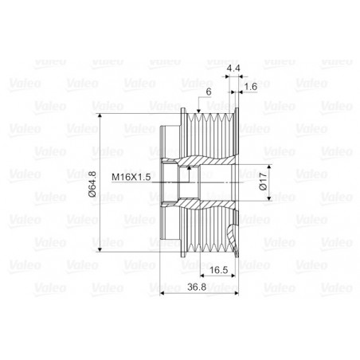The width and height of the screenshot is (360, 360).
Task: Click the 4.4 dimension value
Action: pos(233,68)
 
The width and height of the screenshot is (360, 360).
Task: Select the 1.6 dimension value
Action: pos(250,87)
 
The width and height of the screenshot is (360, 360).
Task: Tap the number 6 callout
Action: pos(209,92)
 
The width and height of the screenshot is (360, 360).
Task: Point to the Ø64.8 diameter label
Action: pos(92,184)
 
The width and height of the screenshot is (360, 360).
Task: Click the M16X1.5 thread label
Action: pos(131,177)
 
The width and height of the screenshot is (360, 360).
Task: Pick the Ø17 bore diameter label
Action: pos(263,182)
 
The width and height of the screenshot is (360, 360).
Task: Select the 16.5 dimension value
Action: pos(219,270)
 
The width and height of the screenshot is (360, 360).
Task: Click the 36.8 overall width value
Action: pos(197,287)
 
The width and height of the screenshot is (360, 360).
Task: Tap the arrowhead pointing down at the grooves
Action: pos(198,111)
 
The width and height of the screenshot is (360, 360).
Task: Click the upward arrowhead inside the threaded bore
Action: pos(189,167)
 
